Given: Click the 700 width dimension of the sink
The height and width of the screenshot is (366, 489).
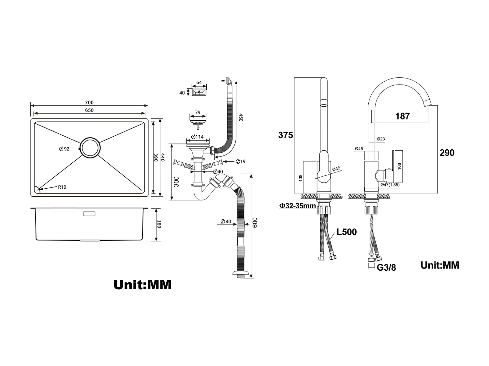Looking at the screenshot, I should pos(89,102).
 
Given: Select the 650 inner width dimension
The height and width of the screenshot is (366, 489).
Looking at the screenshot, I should pos(89,110).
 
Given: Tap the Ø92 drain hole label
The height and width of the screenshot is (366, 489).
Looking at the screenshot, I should pos(64,149).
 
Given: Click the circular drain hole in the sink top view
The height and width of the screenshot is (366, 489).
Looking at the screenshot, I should pos(91,148).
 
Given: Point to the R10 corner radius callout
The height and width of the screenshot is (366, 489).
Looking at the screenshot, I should pos(62,187).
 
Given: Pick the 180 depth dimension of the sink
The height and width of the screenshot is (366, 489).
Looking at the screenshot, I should pos(159,224).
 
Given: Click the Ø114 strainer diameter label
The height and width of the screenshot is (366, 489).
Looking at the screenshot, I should pos(198,137).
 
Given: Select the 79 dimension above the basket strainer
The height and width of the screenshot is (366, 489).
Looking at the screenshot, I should pos(198,113).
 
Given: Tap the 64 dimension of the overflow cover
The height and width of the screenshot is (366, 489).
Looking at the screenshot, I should pos(199,83).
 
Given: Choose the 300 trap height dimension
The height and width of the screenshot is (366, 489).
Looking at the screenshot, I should pos(176,182).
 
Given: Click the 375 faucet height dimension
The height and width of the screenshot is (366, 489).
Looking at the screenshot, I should pos(286,135).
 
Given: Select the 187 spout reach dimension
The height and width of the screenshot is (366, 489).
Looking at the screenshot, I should pos(402,116).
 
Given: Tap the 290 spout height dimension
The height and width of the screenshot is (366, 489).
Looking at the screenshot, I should pos(447,153).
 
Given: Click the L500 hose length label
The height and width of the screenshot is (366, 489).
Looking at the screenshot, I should pos(347,232).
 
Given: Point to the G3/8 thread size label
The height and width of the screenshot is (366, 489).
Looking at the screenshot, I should pos(386,268).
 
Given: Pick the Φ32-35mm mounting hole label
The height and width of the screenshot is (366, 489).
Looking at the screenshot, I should pos(297,206).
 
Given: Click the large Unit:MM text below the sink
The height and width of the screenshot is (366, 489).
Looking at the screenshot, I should pos(142,285).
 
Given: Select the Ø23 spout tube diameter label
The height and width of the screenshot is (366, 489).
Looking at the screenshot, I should pos(381,139).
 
